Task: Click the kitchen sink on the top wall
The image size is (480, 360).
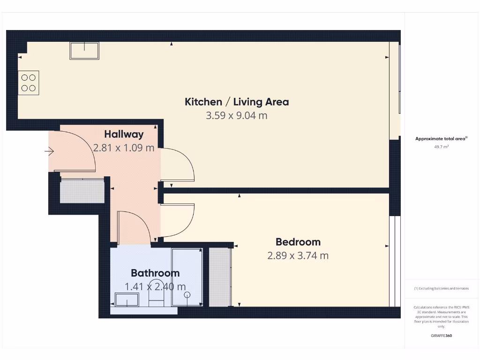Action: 84,51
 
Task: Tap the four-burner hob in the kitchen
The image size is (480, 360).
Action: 28,83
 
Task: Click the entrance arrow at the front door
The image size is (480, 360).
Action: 50,151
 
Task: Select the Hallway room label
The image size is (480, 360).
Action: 124,135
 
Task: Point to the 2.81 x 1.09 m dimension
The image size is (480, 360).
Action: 124,148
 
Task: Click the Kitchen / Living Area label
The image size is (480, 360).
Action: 237,102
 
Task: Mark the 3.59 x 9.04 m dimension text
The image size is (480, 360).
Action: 237,115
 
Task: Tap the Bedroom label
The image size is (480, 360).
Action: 298,242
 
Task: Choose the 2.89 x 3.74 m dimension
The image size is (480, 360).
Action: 298,256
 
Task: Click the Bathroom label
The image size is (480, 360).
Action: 155,273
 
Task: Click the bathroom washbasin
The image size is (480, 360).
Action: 127,300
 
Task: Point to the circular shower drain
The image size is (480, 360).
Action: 187,295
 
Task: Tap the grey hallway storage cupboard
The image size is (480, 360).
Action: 82,191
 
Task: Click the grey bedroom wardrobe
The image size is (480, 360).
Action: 220,277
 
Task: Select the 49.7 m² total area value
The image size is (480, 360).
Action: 441,147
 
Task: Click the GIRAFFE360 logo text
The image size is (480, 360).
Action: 441,336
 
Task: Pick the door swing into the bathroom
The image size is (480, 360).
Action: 134,228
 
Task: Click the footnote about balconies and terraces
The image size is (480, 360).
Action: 441,289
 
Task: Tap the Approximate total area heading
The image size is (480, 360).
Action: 441,139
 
